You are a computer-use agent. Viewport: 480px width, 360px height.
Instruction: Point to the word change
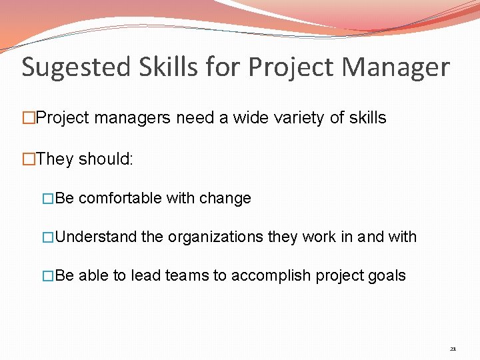pyautogui.click(x=228, y=198)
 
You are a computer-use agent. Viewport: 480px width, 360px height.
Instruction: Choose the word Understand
pyautogui.click(x=97, y=237)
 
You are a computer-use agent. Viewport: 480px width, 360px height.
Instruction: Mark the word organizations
pyautogui.click(x=215, y=237)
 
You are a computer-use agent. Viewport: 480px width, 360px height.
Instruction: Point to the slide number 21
pyautogui.click(x=453, y=349)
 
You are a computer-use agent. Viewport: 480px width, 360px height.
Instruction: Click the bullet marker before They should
pyautogui.click(x=28, y=159)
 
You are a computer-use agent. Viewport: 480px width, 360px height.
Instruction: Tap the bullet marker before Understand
pyautogui.click(x=47, y=237)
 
